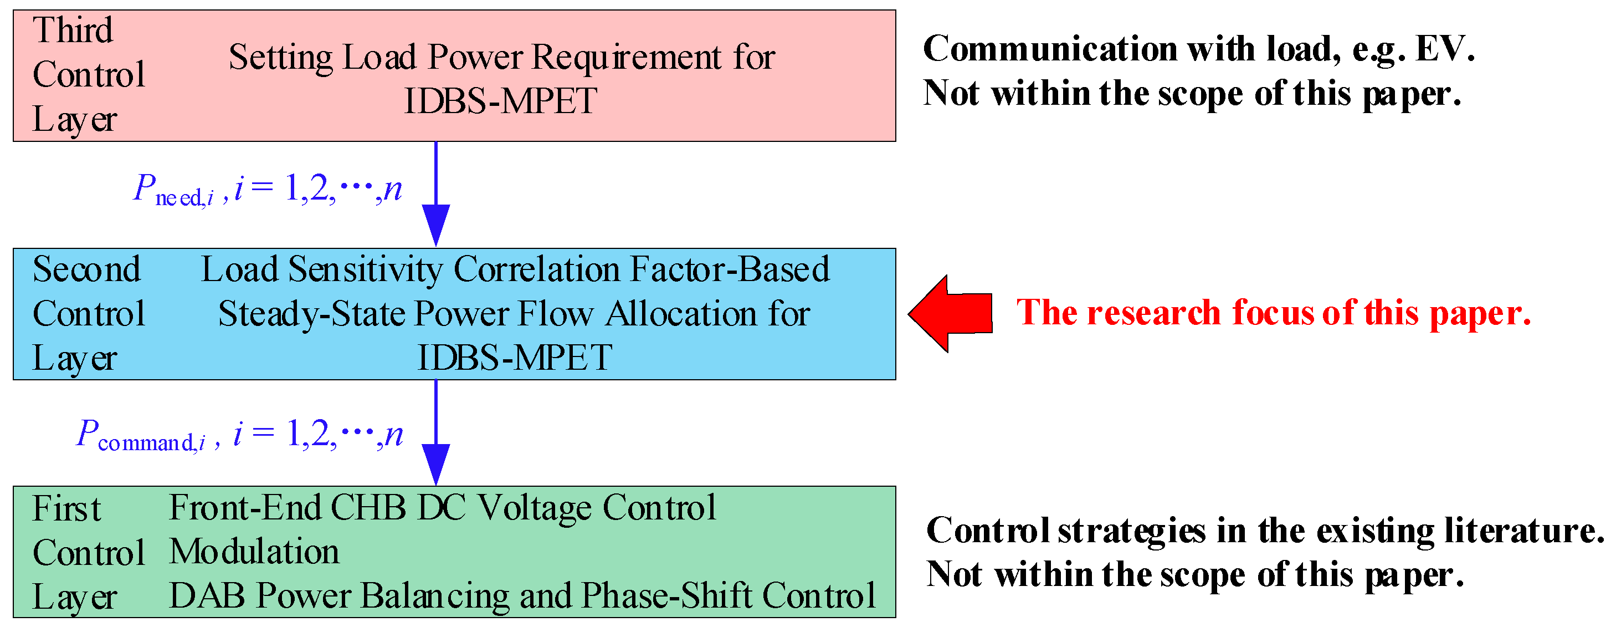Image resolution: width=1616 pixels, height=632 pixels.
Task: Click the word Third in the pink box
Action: click(73, 30)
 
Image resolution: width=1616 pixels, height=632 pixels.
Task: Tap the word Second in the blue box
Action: click(86, 269)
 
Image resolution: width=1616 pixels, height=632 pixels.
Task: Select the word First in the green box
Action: click(66, 508)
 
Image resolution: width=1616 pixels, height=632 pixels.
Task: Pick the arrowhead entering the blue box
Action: click(436, 224)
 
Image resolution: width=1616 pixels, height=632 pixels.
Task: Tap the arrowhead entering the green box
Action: click(436, 464)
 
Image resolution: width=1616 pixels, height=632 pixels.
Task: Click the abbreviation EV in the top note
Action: click(1442, 49)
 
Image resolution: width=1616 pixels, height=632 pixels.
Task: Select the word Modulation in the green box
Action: click(255, 552)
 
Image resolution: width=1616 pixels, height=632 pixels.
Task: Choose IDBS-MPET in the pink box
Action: click(500, 101)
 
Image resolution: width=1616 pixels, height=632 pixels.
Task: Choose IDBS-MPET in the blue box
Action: click(515, 358)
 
